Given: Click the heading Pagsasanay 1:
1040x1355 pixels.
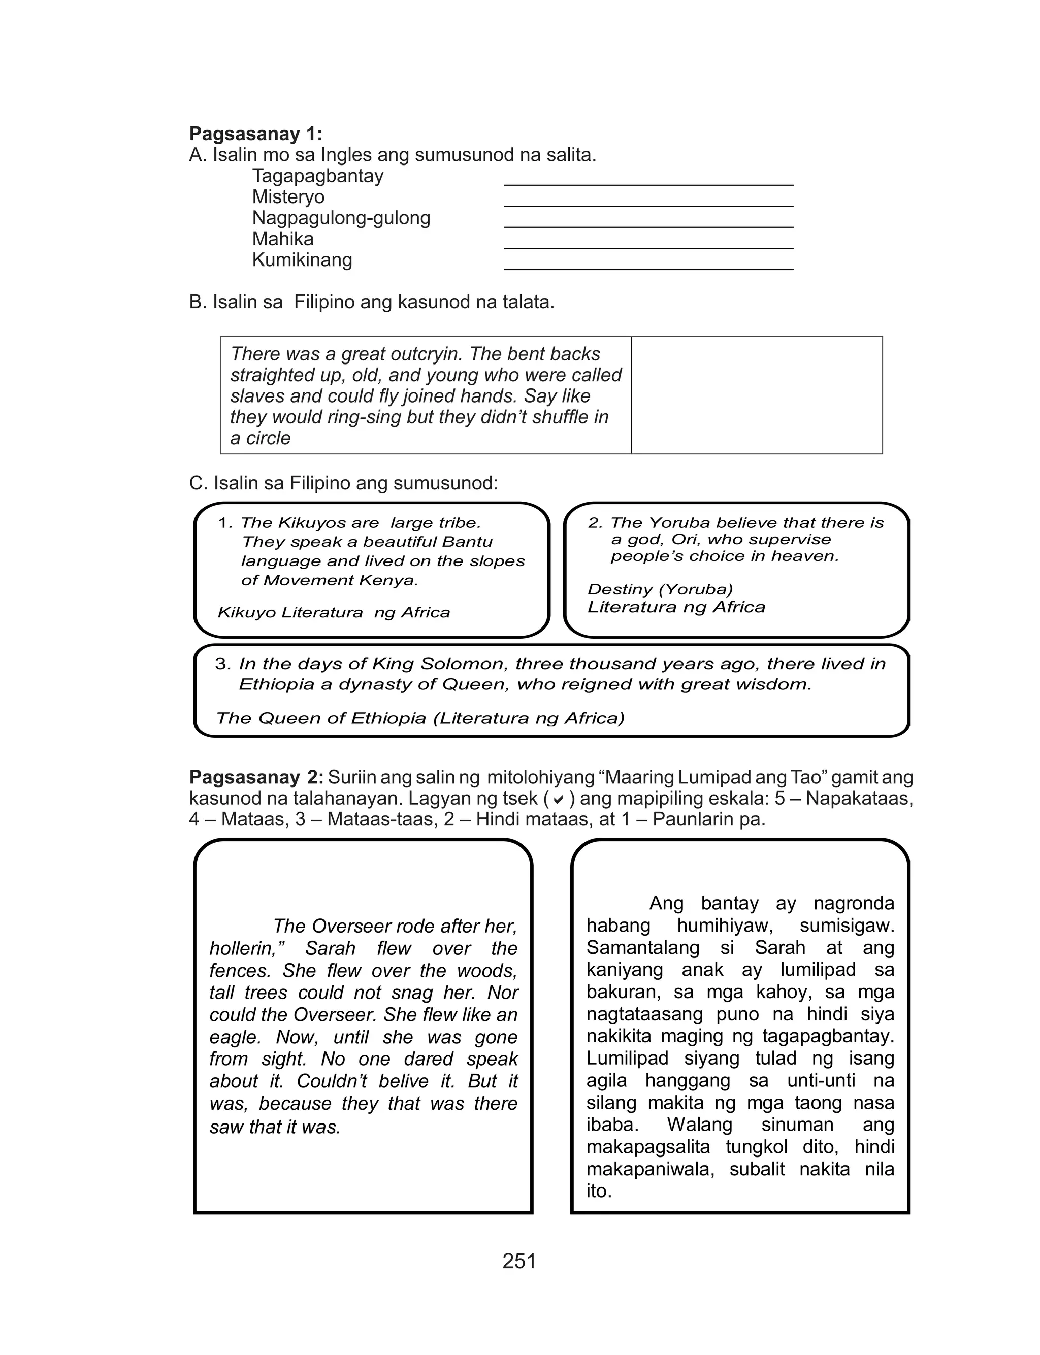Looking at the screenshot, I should (x=255, y=134).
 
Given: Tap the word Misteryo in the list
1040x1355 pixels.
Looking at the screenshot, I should (x=288, y=197).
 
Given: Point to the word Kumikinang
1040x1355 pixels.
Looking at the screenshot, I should (x=302, y=260).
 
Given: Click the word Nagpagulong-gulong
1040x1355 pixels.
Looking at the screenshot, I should (x=341, y=218).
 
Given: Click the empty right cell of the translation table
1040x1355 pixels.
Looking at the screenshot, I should (x=757, y=395).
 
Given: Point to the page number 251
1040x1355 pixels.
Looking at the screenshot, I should (x=519, y=1261).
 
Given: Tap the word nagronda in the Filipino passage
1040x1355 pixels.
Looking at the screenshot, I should (x=854, y=903).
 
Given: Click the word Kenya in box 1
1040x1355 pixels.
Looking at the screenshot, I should (x=392, y=580).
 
